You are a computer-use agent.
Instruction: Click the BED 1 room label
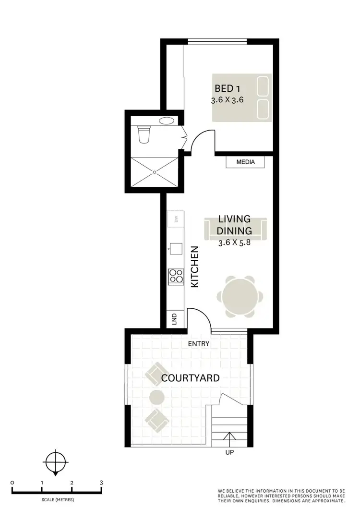[x=228, y=88]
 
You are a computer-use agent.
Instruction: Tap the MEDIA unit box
[x=246, y=162]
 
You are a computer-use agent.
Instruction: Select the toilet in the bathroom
[x=144, y=134]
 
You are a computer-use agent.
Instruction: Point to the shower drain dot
[x=155, y=170]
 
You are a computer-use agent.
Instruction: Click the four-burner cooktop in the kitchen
[x=175, y=276]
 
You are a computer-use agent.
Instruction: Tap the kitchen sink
[x=176, y=248]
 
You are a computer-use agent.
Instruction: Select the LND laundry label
[x=174, y=319]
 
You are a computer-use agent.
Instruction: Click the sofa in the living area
[x=235, y=229]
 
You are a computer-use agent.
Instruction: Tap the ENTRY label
[x=199, y=344]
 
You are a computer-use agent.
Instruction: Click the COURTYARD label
[x=191, y=378]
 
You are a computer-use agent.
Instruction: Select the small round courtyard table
[x=157, y=397]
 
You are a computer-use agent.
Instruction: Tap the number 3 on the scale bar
[x=101, y=483]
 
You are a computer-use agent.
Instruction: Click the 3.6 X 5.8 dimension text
[x=235, y=242]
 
